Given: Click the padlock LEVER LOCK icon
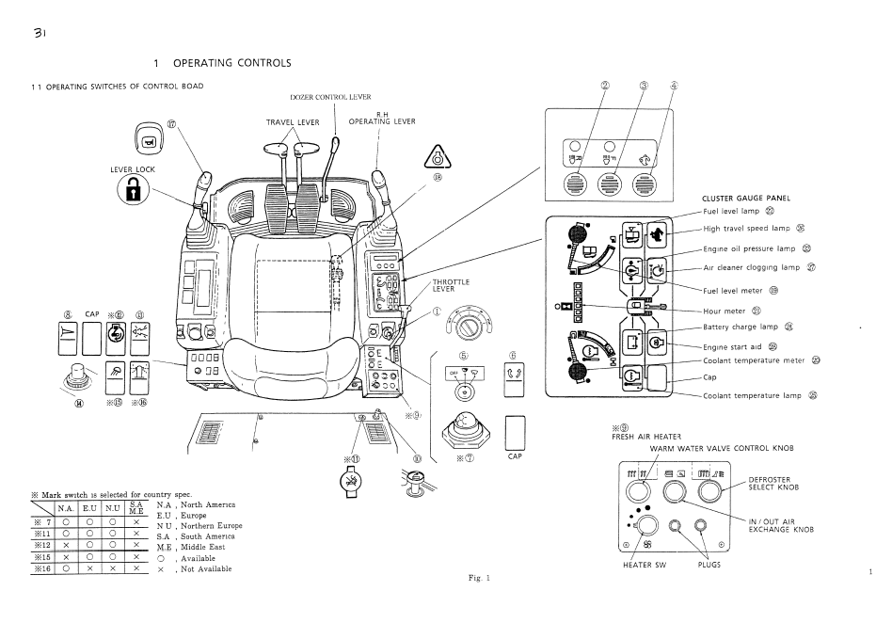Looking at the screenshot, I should point(132,188).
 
